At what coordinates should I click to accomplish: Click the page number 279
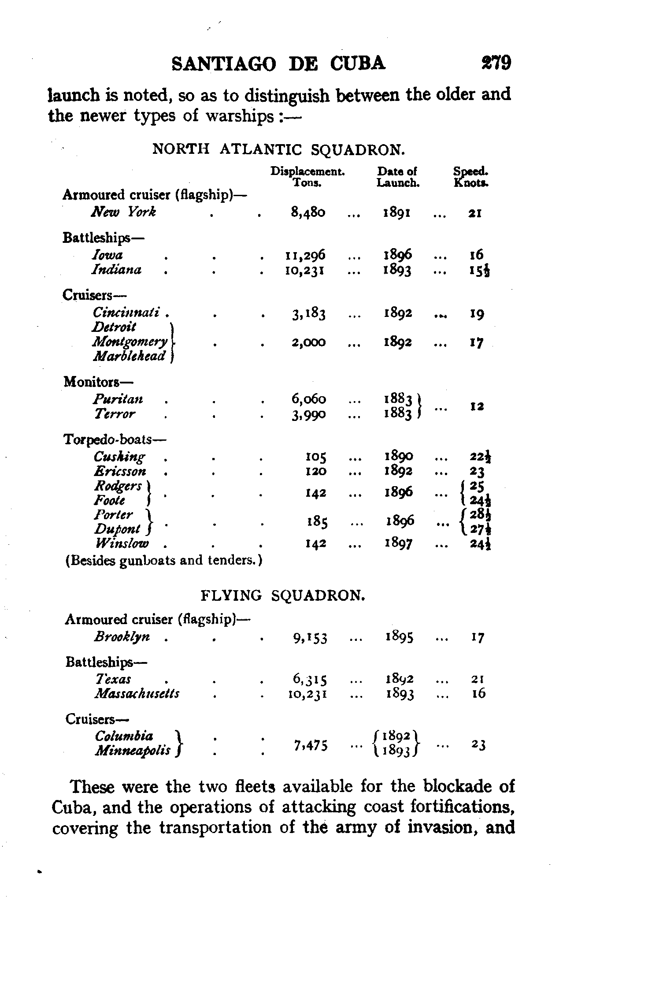tap(496, 63)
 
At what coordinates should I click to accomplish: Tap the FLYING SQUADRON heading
tap(283, 596)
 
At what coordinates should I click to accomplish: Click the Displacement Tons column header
tap(307, 177)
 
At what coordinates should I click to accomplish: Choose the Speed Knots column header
tap(471, 177)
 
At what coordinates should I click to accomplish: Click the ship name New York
tap(123, 212)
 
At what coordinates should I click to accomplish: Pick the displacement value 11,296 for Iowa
tap(305, 255)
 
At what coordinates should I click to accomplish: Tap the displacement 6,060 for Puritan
tap(308, 399)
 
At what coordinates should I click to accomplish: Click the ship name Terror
tap(114, 414)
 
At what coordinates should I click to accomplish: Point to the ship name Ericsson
tap(120, 471)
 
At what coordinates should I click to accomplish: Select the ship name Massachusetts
tap(137, 694)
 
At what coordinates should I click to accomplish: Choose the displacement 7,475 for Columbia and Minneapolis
tap(311, 745)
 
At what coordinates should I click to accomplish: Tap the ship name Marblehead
tap(129, 356)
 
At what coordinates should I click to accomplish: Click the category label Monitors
tap(98, 381)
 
